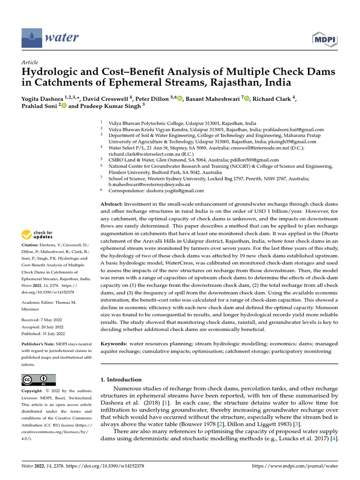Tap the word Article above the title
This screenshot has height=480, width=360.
pyautogui.click(x=30, y=62)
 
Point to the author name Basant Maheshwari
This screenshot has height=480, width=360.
pyautogui.click(x=213, y=99)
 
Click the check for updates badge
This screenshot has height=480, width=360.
pyautogui.click(x=37, y=234)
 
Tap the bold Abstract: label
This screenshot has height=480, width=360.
pyautogui.click(x=112, y=205)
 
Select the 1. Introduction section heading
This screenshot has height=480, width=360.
pyautogui.click(x=121, y=379)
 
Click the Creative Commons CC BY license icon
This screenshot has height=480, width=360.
pyautogui.click(x=38, y=380)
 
